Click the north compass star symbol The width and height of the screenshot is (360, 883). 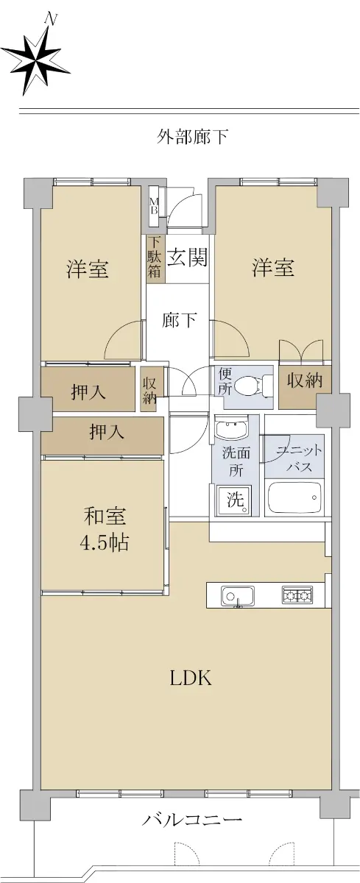[x=35, y=59]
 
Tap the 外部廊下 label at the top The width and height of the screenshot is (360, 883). [x=192, y=137]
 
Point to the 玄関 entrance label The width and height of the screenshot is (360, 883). [x=187, y=258]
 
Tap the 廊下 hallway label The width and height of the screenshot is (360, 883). [x=179, y=320]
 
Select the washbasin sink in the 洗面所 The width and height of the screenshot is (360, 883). [x=231, y=429]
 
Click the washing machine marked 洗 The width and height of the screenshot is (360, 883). [x=235, y=500]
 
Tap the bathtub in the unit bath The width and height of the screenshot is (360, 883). [x=295, y=496]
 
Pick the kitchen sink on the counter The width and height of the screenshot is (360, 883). [x=238, y=595]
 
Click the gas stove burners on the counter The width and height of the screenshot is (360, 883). [x=297, y=595]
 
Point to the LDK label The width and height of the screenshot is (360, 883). [x=191, y=678]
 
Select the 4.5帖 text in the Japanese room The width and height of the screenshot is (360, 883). [x=104, y=544]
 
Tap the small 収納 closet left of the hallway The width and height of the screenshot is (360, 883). [x=149, y=390]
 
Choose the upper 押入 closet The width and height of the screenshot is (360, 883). [x=88, y=389]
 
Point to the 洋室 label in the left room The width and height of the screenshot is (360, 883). [x=88, y=269]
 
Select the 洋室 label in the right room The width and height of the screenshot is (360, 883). [x=273, y=267]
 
